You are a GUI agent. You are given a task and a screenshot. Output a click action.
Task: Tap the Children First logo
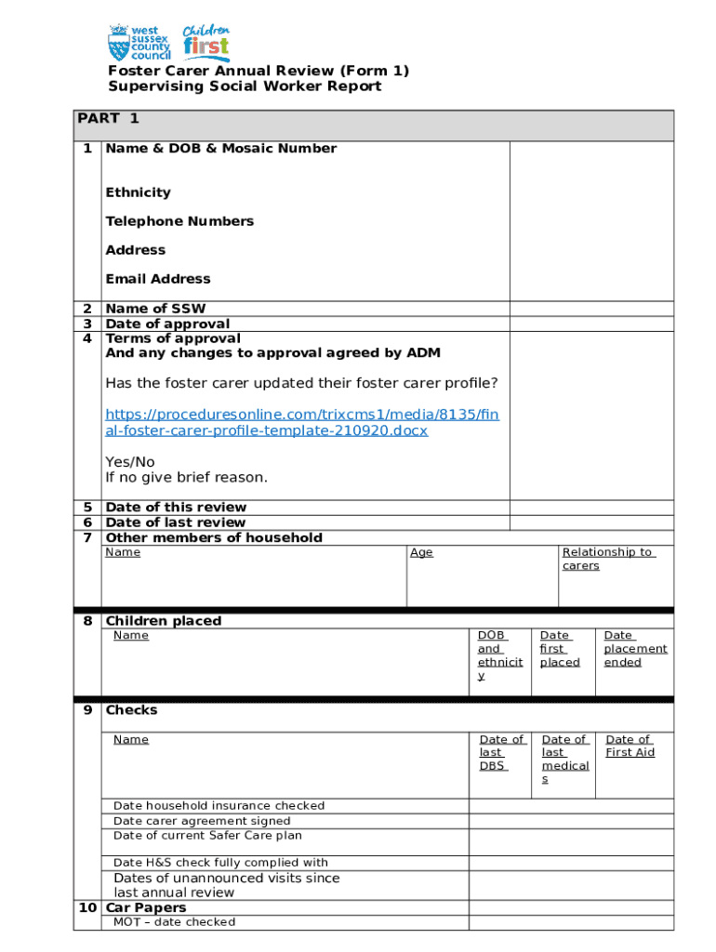(206, 42)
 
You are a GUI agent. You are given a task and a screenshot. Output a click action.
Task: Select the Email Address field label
(157, 279)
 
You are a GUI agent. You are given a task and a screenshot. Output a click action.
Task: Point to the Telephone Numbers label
(179, 221)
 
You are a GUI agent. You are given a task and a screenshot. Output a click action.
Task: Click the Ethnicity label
(138, 192)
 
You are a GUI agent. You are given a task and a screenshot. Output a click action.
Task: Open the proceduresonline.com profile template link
(302, 422)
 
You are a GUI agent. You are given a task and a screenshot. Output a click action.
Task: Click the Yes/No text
(130, 462)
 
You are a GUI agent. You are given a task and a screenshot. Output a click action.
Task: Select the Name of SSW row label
(155, 309)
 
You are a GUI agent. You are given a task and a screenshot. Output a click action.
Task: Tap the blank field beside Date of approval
(590, 324)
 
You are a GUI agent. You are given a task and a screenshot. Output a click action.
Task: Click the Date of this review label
(176, 507)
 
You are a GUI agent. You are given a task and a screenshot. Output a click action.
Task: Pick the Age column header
(421, 552)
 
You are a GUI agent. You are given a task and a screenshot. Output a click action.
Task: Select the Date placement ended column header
(635, 649)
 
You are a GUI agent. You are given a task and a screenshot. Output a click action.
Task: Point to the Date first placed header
(560, 649)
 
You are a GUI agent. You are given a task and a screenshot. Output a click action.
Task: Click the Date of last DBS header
(502, 752)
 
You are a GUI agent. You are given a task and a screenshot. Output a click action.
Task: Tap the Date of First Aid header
(630, 746)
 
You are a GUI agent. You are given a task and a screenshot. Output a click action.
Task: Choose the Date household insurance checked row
(219, 806)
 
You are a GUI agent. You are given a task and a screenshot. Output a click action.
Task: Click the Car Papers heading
(146, 907)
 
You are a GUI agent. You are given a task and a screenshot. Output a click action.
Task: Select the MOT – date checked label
(174, 922)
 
